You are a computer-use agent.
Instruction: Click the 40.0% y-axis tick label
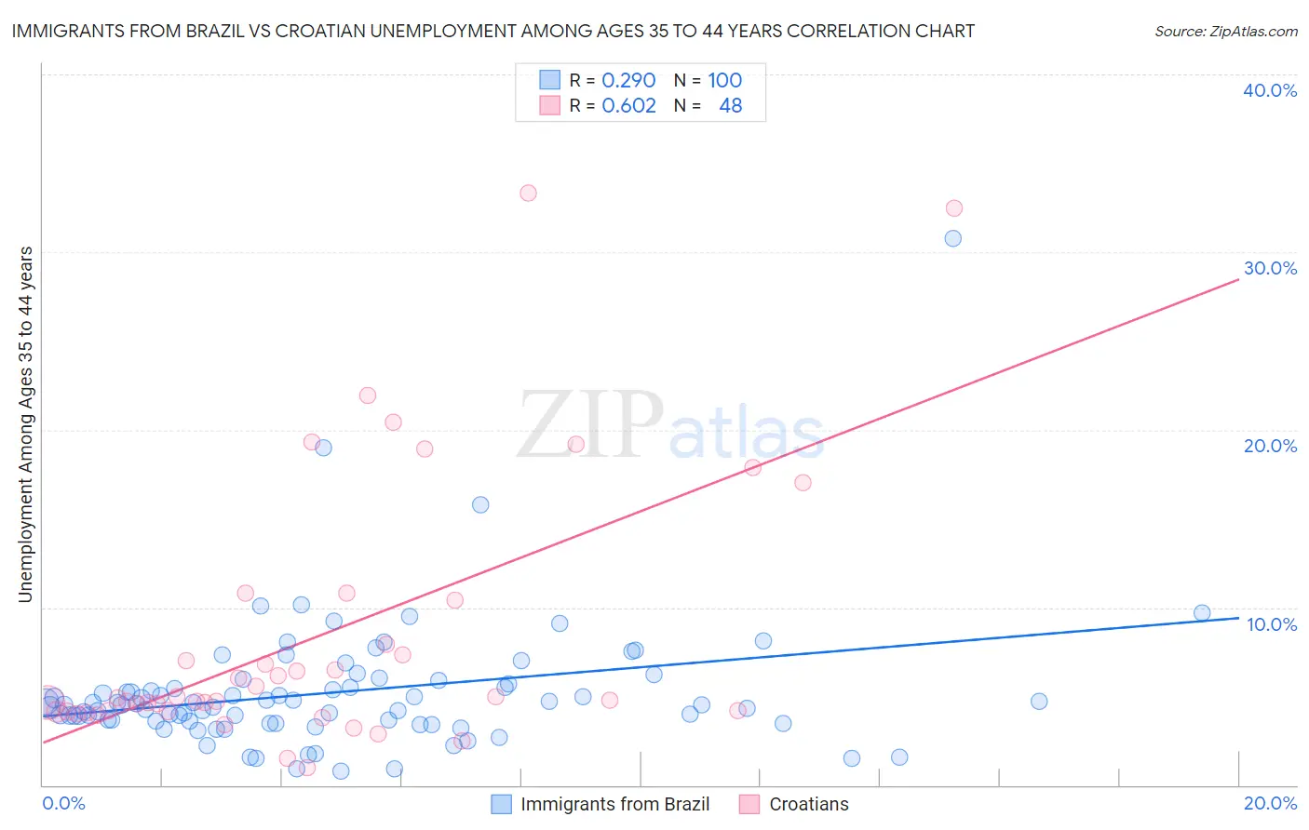(x=1270, y=90)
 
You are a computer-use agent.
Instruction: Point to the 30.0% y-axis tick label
(x=1270, y=268)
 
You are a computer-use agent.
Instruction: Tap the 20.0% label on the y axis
(x=1270, y=446)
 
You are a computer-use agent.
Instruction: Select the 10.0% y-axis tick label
(x=1272, y=624)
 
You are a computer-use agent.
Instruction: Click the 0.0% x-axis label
(x=63, y=803)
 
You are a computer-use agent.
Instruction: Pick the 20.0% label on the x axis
(x=1270, y=803)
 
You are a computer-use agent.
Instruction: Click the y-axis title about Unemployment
(x=26, y=424)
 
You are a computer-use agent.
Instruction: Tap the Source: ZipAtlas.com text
(x=1225, y=31)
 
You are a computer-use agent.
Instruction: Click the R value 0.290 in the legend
(x=628, y=80)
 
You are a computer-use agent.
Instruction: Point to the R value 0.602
(x=628, y=105)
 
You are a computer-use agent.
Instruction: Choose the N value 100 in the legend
(x=724, y=80)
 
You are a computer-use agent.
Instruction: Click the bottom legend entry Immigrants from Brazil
(x=614, y=804)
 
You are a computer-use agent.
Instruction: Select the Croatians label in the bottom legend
(x=808, y=804)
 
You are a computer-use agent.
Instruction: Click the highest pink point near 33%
(x=528, y=194)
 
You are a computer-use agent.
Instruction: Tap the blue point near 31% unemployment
(x=952, y=238)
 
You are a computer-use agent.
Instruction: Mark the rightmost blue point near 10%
(x=1202, y=613)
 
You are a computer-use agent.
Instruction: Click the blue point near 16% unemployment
(x=480, y=505)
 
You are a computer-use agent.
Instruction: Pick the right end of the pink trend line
(x=1238, y=278)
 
